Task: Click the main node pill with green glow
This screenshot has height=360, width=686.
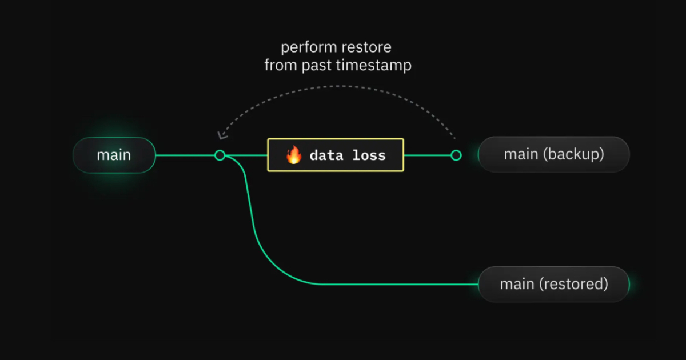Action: coord(114,155)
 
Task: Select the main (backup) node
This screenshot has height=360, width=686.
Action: coord(554,155)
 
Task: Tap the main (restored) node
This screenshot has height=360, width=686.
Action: coord(554,285)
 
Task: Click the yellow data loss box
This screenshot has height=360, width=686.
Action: coord(336,155)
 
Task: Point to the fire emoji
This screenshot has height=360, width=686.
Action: coord(294,155)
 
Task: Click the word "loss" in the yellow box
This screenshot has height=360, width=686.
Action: coord(369,155)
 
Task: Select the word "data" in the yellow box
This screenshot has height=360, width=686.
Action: coord(326,155)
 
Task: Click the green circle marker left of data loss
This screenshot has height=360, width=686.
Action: coord(220,155)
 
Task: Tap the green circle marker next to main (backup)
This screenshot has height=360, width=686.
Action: coord(456,155)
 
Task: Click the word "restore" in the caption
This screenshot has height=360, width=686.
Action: coord(366,47)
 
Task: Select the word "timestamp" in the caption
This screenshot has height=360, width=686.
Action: coord(374,66)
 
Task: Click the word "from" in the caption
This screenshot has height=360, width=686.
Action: coord(281,65)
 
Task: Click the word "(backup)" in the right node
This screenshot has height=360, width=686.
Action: coord(573,154)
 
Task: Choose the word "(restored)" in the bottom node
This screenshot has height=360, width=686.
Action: coord(573,284)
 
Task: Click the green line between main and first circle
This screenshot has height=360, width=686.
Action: coord(185,155)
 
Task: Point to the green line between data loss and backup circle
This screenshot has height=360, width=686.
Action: coord(428,155)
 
